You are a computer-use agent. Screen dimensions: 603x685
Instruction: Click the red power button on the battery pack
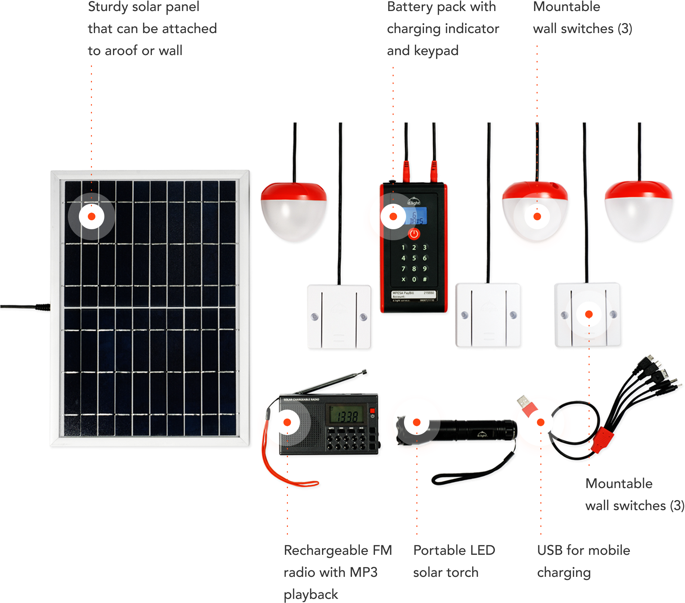414,234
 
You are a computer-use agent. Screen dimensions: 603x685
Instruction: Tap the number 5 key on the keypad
414,258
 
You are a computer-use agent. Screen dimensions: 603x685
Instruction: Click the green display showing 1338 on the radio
347,415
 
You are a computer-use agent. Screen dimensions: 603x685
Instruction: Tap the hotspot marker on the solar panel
92,216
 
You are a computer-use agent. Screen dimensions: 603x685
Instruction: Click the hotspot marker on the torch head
417,422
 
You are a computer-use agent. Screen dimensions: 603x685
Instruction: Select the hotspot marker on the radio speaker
287,422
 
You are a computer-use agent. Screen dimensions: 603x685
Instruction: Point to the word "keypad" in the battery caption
436,51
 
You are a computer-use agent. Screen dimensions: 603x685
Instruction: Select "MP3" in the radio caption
364,572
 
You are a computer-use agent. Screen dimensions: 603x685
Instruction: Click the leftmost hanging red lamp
295,212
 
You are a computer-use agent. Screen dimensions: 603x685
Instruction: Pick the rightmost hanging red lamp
639,212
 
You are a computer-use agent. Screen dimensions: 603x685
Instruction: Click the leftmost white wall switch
340,317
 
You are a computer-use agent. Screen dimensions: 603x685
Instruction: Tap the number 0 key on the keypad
414,279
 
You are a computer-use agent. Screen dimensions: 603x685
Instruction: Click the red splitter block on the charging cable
602,441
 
